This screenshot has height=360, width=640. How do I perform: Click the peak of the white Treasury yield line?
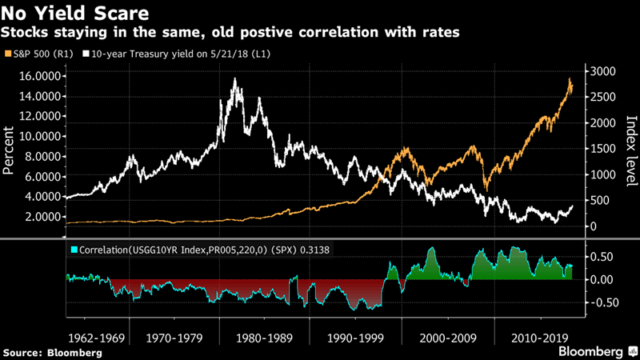[x=234, y=79]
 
